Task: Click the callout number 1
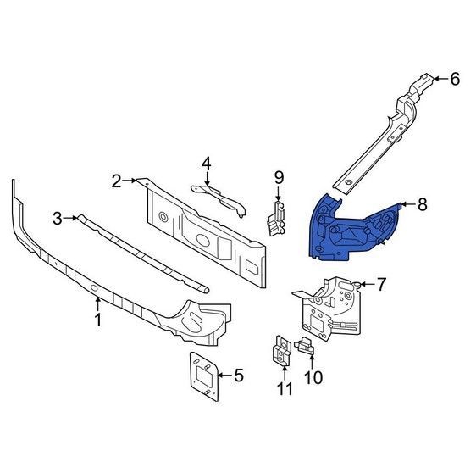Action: click(x=97, y=320)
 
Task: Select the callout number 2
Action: click(x=117, y=181)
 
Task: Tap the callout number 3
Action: click(x=58, y=218)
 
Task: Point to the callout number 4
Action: click(x=206, y=164)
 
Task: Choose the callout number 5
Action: click(x=239, y=376)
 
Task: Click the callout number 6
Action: click(x=455, y=79)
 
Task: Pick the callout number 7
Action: click(x=381, y=284)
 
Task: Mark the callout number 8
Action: click(x=423, y=204)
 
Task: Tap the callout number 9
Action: click(x=279, y=178)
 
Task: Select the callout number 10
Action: click(x=313, y=377)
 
